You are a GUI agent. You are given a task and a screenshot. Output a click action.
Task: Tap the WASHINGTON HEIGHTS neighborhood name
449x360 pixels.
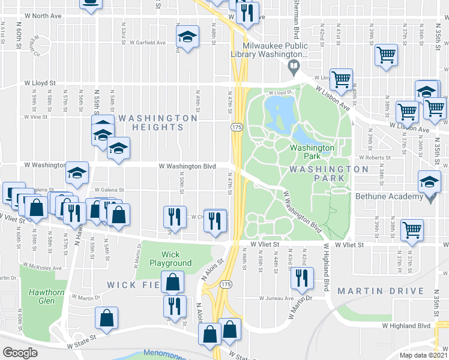(158, 122)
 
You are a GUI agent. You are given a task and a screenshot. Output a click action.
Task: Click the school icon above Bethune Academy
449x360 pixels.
(430, 181)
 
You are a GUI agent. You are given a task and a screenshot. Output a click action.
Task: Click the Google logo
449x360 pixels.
(20, 352)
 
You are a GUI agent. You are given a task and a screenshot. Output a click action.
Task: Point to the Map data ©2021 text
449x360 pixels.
(423, 355)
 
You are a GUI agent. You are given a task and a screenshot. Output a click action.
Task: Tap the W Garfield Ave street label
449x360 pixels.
(145, 43)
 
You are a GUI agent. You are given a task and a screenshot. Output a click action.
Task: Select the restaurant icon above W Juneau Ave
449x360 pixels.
(302, 277)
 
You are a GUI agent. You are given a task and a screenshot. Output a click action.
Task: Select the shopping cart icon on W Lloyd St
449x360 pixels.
(342, 79)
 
